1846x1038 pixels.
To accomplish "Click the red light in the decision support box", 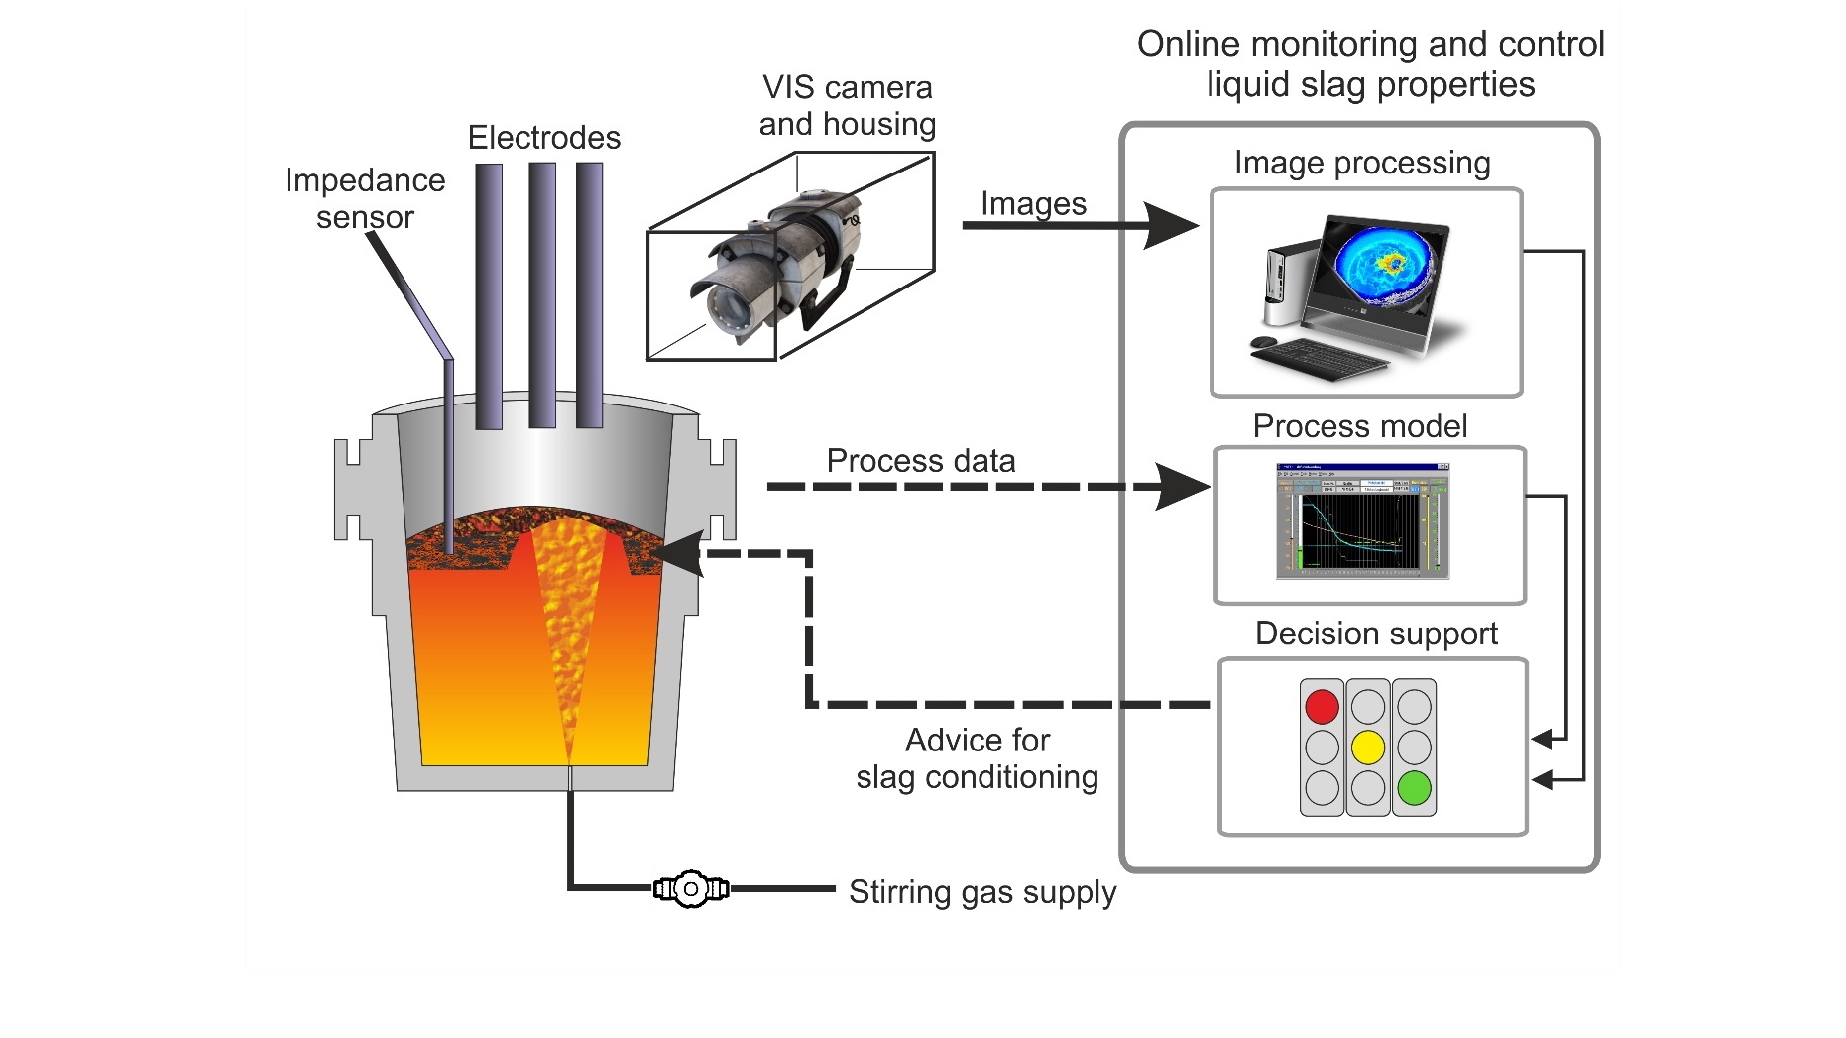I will coord(1322,707).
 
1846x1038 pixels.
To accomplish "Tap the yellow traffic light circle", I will coord(1368,748).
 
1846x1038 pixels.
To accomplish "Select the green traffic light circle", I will coord(1414,788).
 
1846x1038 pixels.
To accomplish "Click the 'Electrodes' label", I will coord(544,138).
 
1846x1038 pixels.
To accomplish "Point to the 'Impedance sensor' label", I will coord(365,198).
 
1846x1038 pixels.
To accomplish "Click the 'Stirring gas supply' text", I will coord(982,892).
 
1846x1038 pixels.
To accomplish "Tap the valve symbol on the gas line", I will coord(691,889).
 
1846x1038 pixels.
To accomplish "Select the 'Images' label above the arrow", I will coord(1033,203).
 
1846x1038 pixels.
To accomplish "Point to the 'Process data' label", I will coord(921,461).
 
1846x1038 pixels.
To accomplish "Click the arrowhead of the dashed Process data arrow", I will coord(1185,487).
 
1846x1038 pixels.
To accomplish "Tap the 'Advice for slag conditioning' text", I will coord(978,758).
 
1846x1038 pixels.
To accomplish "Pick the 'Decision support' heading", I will coord(1376,634).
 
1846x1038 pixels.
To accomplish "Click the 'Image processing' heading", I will coord(1362,163).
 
